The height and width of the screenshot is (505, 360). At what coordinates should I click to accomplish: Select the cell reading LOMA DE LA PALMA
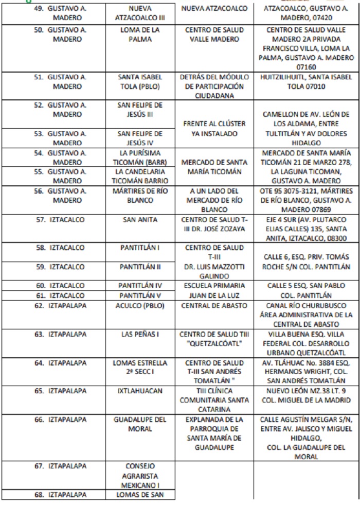click(140, 34)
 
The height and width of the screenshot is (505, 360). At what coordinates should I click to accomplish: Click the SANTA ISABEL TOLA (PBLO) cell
click(140, 81)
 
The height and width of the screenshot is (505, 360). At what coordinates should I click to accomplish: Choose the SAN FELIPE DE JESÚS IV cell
click(140, 138)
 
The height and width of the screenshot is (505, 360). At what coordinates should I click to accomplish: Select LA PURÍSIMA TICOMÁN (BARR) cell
click(140, 158)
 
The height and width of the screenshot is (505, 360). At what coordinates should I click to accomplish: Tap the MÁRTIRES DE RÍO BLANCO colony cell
click(140, 196)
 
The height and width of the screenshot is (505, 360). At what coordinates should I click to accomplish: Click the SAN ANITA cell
click(140, 219)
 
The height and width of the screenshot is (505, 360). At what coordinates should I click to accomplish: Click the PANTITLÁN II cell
click(140, 267)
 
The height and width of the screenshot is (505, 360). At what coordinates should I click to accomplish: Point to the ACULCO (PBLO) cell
click(140, 305)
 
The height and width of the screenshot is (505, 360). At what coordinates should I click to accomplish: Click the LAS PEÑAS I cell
click(140, 334)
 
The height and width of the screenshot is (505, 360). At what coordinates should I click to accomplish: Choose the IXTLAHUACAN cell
click(140, 391)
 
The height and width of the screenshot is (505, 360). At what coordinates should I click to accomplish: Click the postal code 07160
click(306, 67)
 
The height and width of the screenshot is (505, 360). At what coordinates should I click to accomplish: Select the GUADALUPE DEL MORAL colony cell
click(140, 424)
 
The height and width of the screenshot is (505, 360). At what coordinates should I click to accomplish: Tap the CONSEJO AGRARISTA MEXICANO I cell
click(140, 476)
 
